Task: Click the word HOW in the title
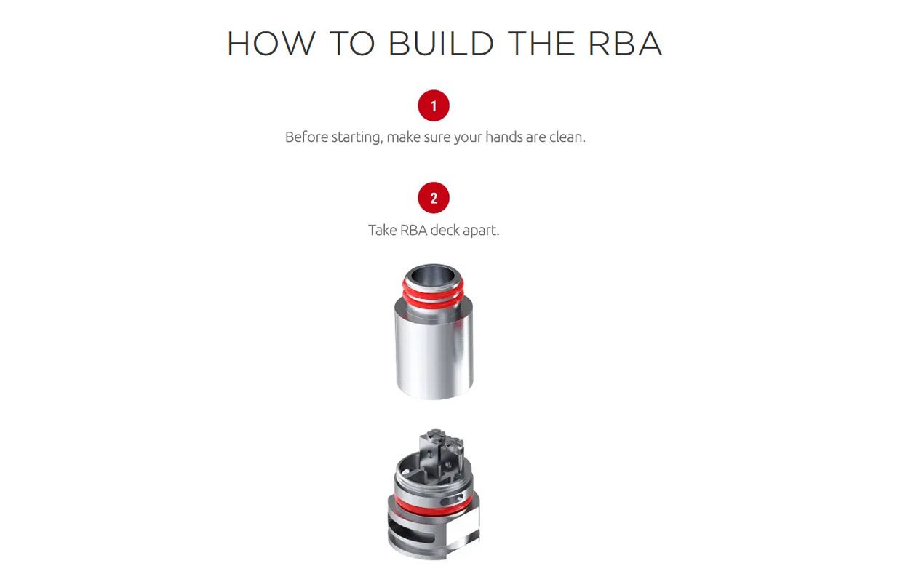coord(271,44)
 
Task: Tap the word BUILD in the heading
coord(441,44)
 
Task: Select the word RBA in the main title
coord(626,44)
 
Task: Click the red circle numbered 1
coord(434,105)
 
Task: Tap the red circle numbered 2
coord(434,198)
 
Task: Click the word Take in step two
coord(382,230)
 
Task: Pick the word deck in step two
coord(445,230)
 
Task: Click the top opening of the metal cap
coord(434,276)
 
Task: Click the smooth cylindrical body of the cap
coord(434,356)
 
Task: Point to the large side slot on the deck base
coord(410,531)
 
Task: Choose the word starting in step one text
coord(357,137)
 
